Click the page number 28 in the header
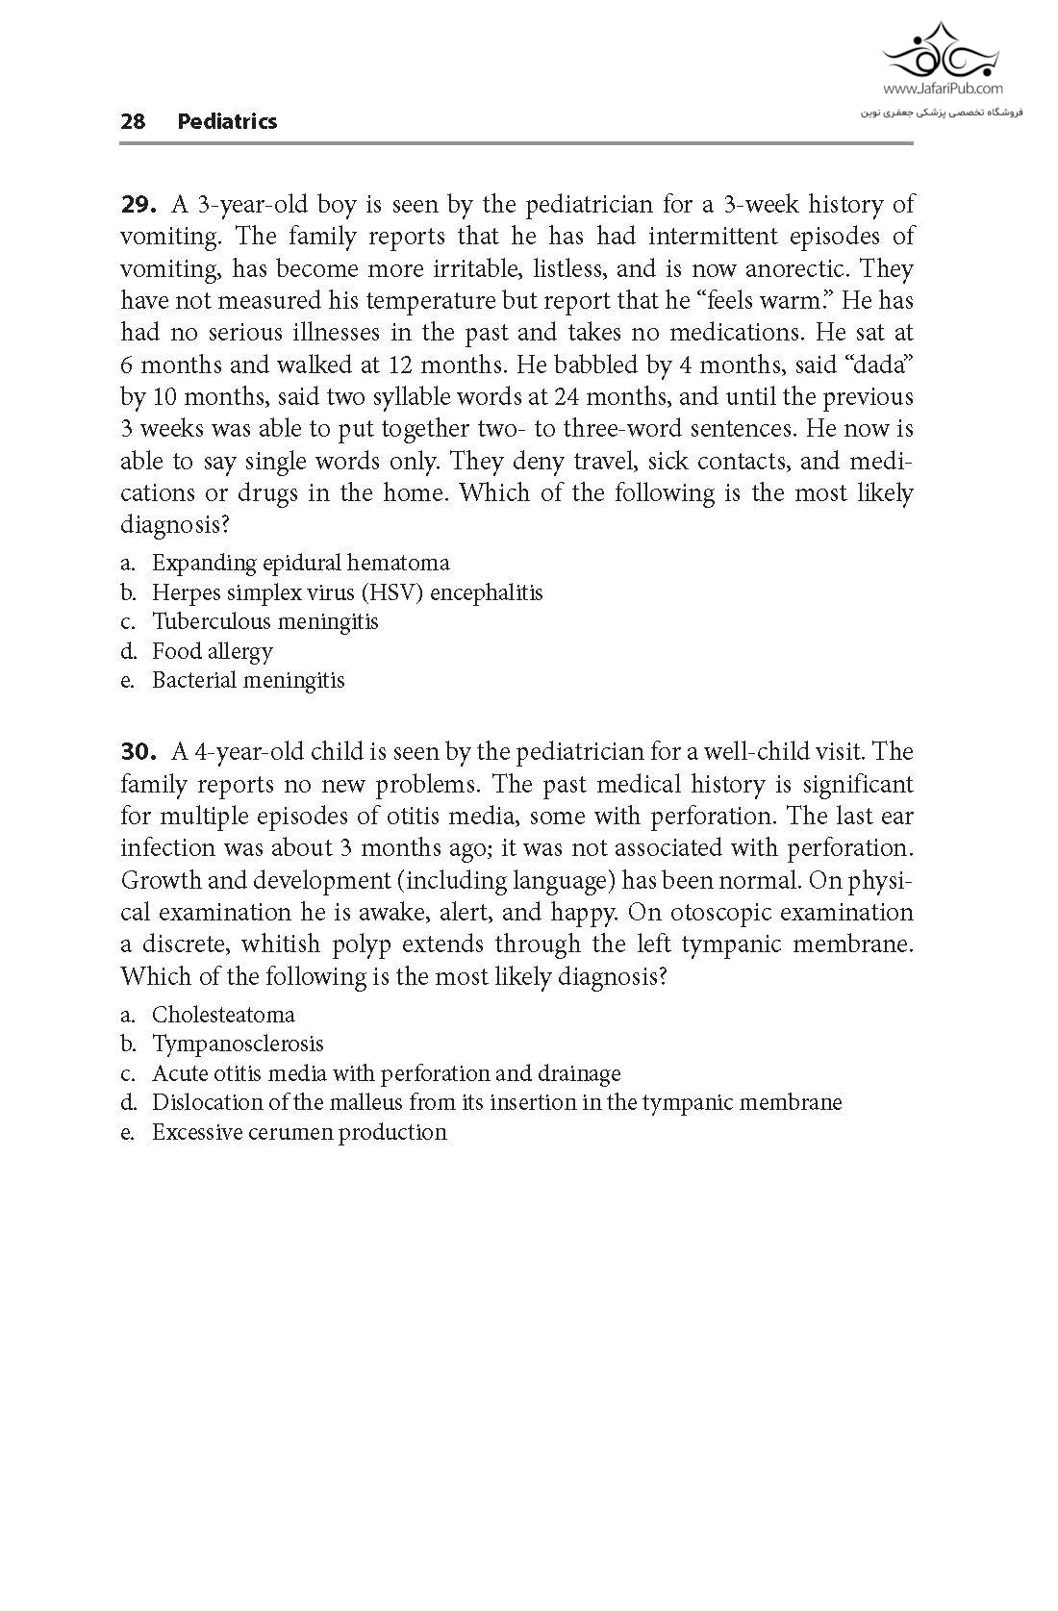tap(133, 121)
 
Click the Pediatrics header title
tap(227, 121)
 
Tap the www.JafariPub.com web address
tap(942, 88)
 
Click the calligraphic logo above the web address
tap(942, 50)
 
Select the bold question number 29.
tap(138, 205)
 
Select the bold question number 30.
tap(138, 752)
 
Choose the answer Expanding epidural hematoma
tap(300, 563)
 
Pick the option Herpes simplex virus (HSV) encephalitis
tap(346, 592)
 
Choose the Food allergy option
tap(212, 651)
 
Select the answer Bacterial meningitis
tap(247, 680)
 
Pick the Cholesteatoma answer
tap(223, 1015)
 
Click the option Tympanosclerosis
tap(238, 1044)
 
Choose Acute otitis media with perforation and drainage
tap(386, 1073)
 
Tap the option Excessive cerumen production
tap(299, 1132)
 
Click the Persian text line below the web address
tap(942, 113)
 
